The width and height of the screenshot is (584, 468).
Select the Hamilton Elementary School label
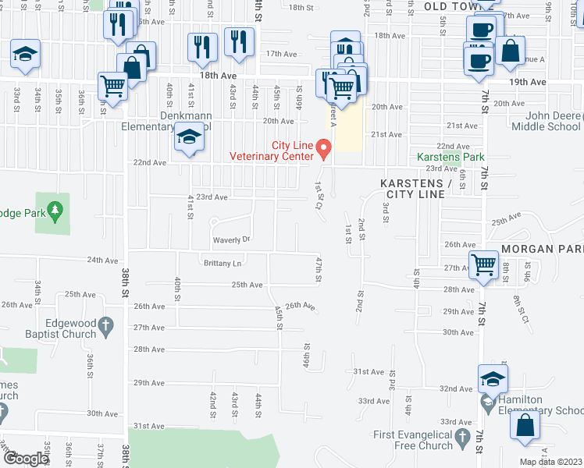point(542,405)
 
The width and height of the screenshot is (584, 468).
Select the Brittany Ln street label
point(223,264)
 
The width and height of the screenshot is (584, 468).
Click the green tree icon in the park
point(55,211)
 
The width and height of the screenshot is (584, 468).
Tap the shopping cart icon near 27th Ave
point(483,264)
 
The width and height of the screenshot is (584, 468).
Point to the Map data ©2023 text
point(550,462)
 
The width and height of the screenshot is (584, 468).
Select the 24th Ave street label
point(101,260)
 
